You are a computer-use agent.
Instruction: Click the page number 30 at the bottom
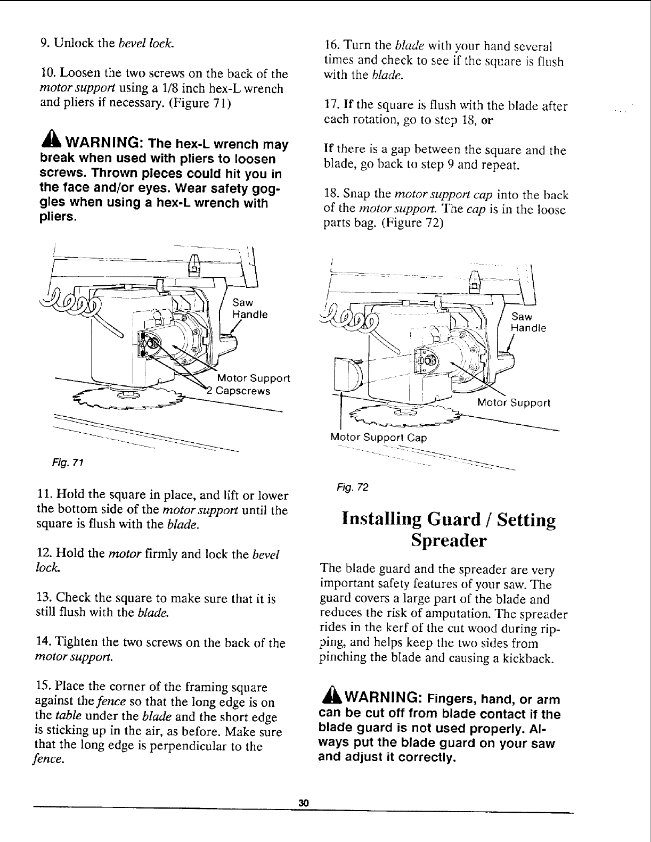coord(304,803)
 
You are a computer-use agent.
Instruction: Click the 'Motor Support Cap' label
coord(379,437)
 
